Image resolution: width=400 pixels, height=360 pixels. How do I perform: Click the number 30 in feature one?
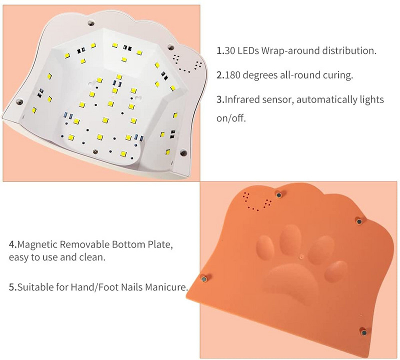[x=229, y=51]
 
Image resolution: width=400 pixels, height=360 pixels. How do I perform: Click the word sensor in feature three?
[x=273, y=100]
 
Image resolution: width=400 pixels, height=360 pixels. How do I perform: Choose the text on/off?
[x=231, y=118]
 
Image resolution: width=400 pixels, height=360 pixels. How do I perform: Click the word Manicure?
[x=167, y=287]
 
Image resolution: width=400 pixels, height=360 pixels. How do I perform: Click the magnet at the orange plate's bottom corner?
[x=363, y=332]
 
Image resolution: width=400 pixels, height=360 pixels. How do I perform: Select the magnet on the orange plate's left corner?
[x=204, y=279]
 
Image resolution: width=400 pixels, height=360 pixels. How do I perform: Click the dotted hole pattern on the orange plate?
[x=257, y=201]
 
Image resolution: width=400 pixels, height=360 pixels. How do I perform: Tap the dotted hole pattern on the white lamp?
[x=187, y=63]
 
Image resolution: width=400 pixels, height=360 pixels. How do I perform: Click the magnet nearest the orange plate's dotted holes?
[x=278, y=195]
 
